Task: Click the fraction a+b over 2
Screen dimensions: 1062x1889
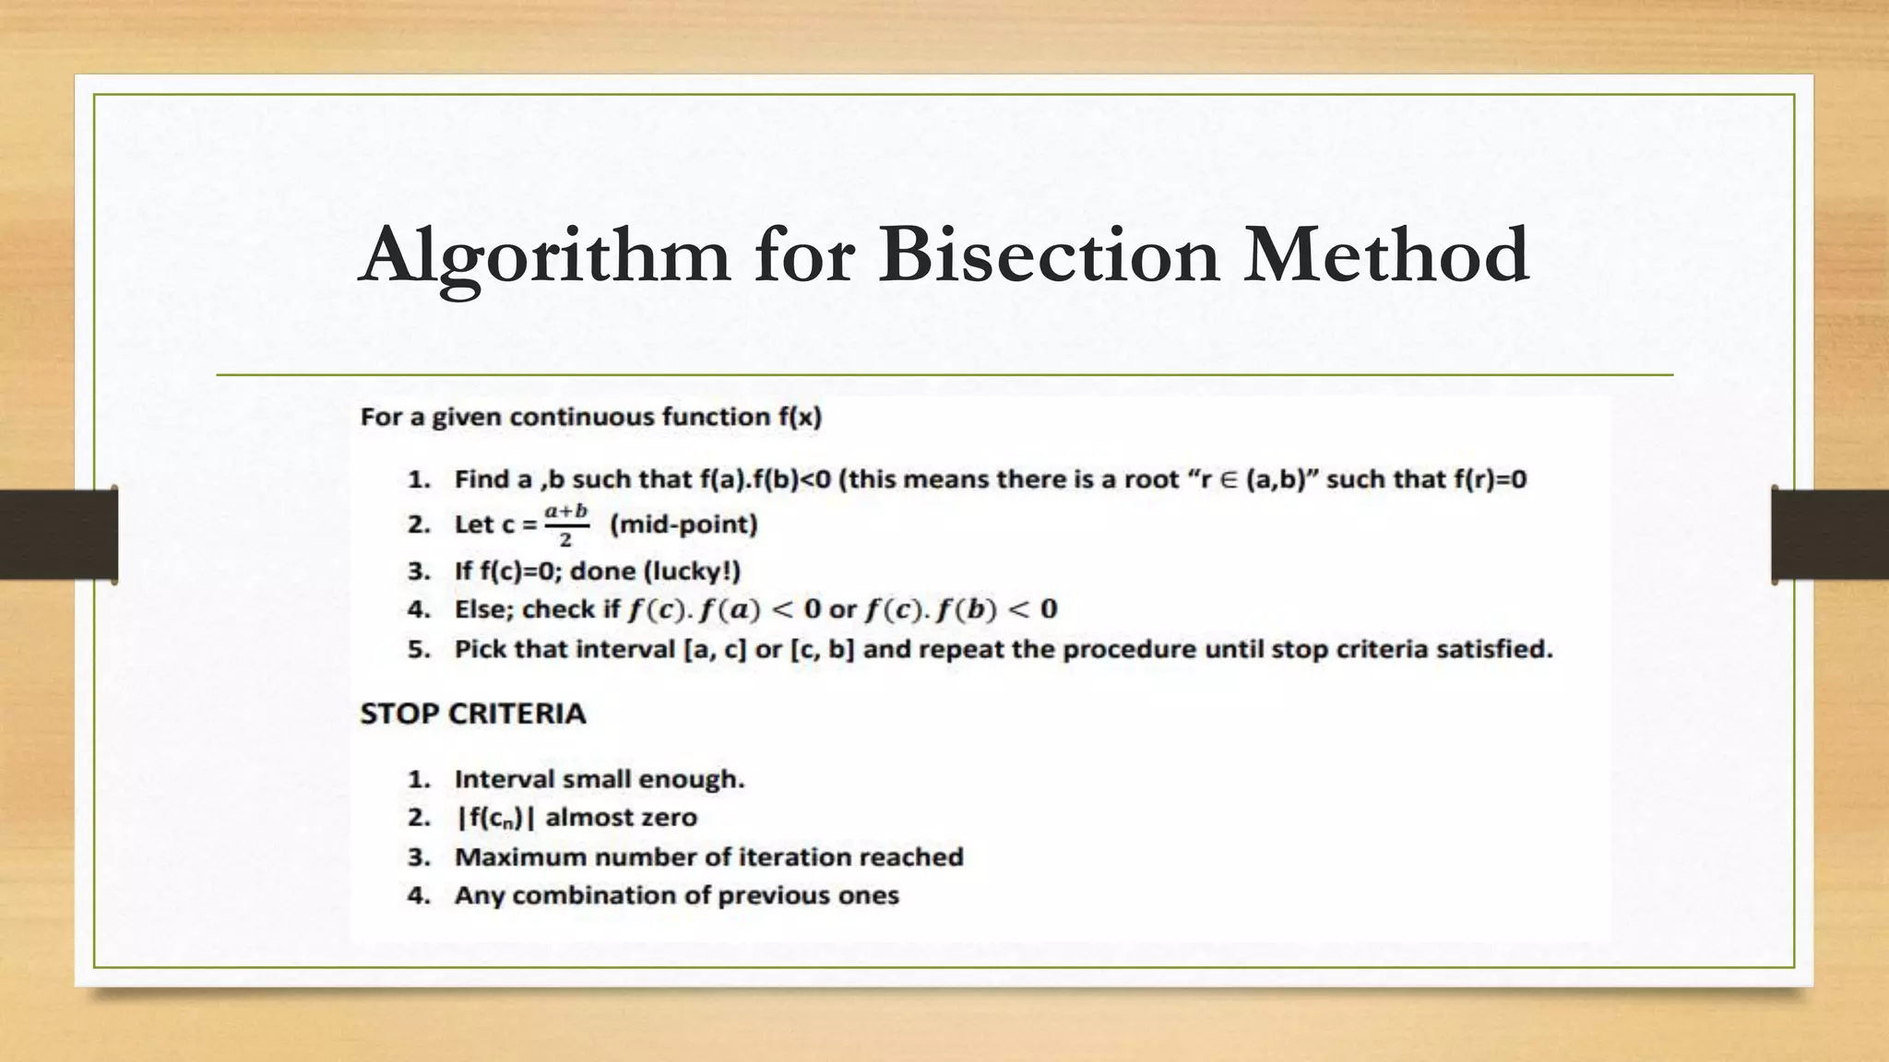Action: [x=565, y=525]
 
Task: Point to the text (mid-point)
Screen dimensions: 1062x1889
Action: [x=683, y=525]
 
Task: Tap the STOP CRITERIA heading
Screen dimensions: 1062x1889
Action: [x=472, y=714]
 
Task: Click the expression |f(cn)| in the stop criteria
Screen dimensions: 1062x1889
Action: [x=495, y=818]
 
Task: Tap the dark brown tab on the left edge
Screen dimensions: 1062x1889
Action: [x=58, y=535]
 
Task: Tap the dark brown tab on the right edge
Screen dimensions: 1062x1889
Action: [x=1830, y=535]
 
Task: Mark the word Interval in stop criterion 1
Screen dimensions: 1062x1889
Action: [x=505, y=780]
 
